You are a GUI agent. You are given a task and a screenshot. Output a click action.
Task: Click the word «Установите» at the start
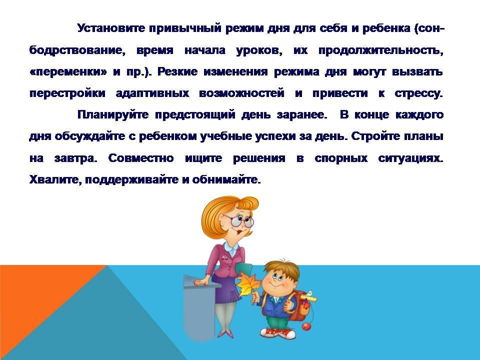(x=111, y=28)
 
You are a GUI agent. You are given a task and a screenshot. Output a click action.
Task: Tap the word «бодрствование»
(x=77, y=50)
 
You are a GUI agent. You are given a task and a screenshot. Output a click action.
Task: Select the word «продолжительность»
(x=381, y=50)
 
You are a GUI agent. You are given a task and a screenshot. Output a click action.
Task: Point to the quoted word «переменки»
(x=68, y=72)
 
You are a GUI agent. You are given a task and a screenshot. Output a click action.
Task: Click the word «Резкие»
(x=177, y=72)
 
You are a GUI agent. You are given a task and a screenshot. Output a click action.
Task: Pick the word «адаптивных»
(x=152, y=93)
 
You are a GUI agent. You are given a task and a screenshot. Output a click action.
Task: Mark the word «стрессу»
(x=419, y=93)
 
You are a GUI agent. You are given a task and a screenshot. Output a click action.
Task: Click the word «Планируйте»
(x=113, y=115)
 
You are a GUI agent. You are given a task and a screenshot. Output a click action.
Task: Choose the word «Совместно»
(x=141, y=158)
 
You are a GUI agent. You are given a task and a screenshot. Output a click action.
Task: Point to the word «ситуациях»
(x=411, y=158)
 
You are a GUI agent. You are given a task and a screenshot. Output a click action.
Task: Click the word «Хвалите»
(x=56, y=179)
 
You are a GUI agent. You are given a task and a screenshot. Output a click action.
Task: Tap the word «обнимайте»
(x=226, y=179)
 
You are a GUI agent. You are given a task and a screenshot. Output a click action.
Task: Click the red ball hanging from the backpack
(x=306, y=327)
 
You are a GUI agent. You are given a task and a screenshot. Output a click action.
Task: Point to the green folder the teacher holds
(x=245, y=270)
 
